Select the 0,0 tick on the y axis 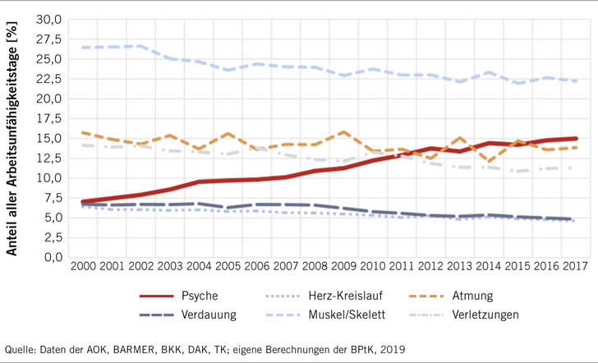click(x=52, y=257)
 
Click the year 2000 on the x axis click(x=82, y=269)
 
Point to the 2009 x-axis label click(x=344, y=269)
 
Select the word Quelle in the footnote click(x=21, y=347)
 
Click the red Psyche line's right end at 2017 click(x=576, y=139)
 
